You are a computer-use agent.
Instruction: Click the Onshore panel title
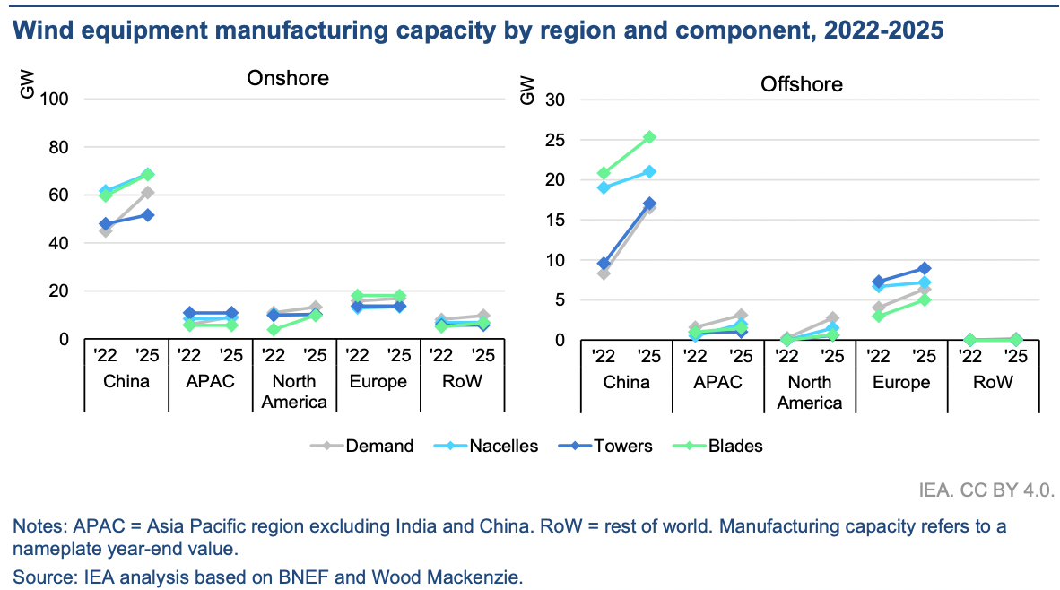pyautogui.click(x=288, y=78)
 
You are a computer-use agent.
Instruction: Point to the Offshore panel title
pyautogui.click(x=802, y=85)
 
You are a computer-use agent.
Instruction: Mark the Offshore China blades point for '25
pyautogui.click(x=649, y=137)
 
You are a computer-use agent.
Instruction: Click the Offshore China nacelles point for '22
pyautogui.click(x=604, y=187)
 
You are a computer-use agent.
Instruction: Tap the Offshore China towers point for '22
pyautogui.click(x=604, y=265)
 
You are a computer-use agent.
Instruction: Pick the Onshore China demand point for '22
pyautogui.click(x=106, y=230)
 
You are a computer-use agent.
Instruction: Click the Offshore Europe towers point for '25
pyautogui.click(x=925, y=268)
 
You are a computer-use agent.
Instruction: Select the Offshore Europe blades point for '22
pyautogui.click(x=879, y=316)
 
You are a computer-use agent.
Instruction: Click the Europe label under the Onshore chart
pyautogui.click(x=378, y=381)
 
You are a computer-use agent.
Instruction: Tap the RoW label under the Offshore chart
pyautogui.click(x=994, y=382)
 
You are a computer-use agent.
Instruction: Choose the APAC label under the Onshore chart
pyautogui.click(x=210, y=381)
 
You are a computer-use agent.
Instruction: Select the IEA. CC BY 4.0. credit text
pyautogui.click(x=986, y=490)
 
